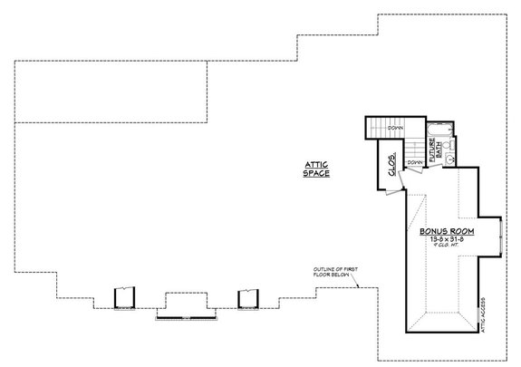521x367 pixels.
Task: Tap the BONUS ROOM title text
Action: pyautogui.click(x=448, y=232)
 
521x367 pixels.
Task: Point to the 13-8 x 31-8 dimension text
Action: pyautogui.click(x=448, y=240)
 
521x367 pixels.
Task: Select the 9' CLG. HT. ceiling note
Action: pyautogui.click(x=448, y=247)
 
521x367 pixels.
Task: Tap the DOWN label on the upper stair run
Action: pyautogui.click(x=395, y=129)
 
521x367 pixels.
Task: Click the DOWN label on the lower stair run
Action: pyautogui.click(x=414, y=162)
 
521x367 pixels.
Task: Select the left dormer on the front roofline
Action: pyautogui.click(x=124, y=298)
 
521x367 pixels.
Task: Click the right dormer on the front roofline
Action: pyautogui.click(x=248, y=298)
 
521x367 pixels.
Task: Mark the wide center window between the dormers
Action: pyautogui.click(x=186, y=308)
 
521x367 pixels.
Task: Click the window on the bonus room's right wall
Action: pyautogui.click(x=501, y=241)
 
